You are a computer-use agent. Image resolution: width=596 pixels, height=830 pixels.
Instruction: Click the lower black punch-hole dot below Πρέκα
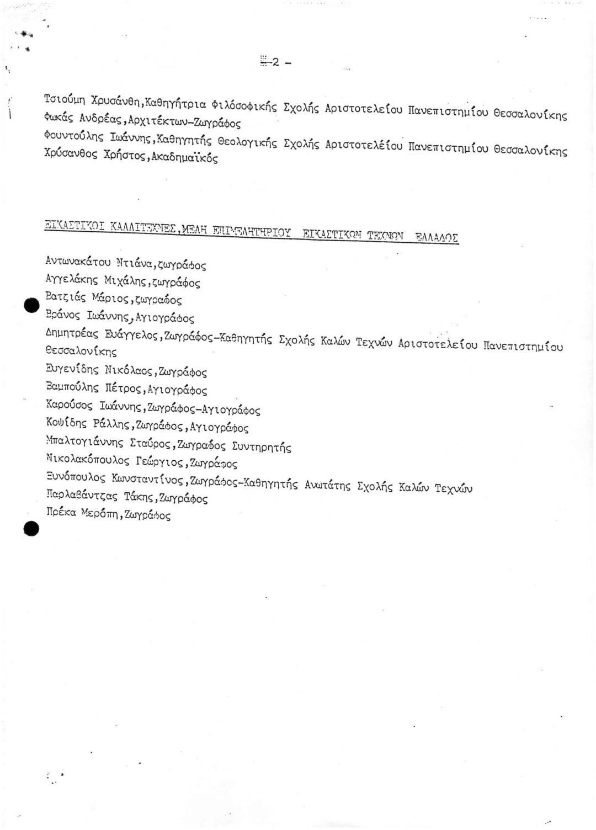tap(31, 529)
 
